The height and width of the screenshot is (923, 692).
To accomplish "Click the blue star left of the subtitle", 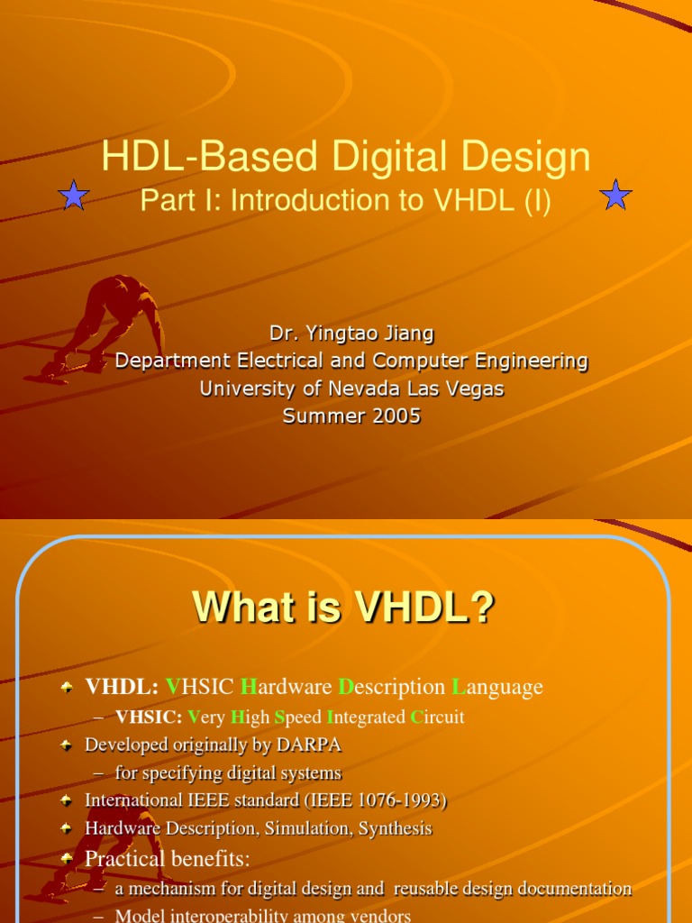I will [x=74, y=195].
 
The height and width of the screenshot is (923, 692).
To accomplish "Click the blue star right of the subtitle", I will [x=616, y=195].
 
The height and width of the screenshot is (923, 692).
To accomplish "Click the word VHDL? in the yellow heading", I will [x=423, y=609].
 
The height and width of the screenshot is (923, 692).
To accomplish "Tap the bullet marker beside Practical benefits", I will [x=68, y=859].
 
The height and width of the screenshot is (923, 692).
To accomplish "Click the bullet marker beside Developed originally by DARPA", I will [x=68, y=745].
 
